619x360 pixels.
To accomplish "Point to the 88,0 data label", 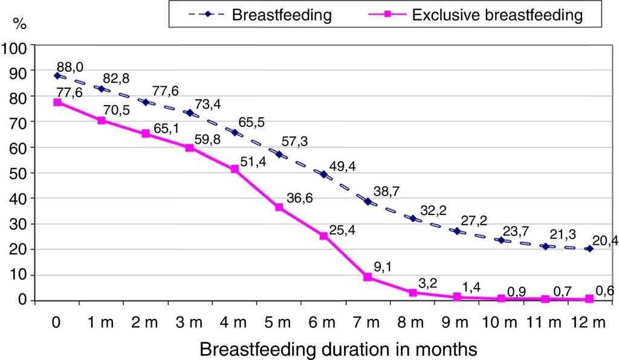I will click(69, 65).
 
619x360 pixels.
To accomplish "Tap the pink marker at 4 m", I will click(235, 170).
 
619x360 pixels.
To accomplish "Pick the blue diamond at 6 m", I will click(323, 175).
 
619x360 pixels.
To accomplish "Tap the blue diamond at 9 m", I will click(457, 231).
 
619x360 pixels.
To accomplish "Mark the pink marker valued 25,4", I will click(323, 236).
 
